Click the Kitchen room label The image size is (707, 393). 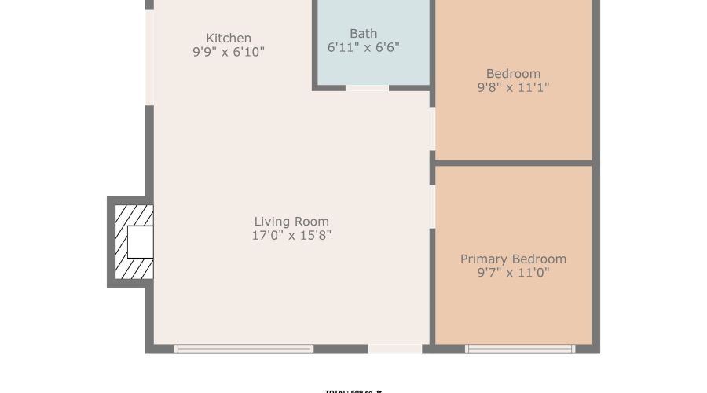tap(229, 38)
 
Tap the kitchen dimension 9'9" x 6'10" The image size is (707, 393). tap(229, 53)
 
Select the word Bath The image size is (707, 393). tap(363, 33)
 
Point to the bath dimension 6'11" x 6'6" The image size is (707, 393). tap(363, 47)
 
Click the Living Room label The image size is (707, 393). tap(291, 222)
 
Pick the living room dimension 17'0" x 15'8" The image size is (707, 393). tap(291, 236)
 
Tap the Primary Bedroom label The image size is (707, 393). tap(513, 259)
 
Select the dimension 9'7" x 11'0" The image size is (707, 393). tap(513, 274)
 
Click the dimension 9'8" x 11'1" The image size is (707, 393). tap(513, 88)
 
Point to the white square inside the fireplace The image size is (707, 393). tap(140, 241)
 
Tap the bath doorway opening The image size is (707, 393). tap(367, 87)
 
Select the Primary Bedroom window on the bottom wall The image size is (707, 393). tap(520, 348)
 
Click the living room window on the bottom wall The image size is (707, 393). tap(244, 348)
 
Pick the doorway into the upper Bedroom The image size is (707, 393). tap(432, 129)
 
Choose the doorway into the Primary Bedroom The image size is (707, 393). tap(432, 207)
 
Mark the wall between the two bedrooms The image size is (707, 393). tap(513, 163)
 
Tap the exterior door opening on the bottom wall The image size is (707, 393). tap(394, 348)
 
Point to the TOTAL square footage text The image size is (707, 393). tap(353, 391)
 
